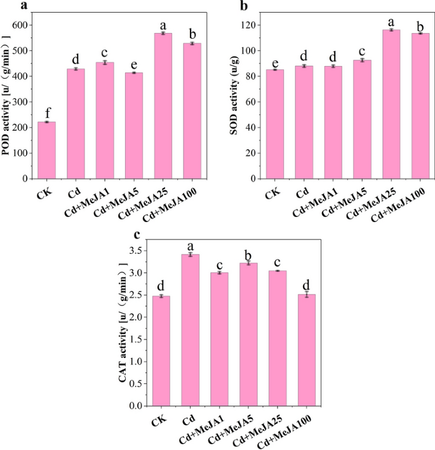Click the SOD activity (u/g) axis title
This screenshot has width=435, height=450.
tap(233, 102)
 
